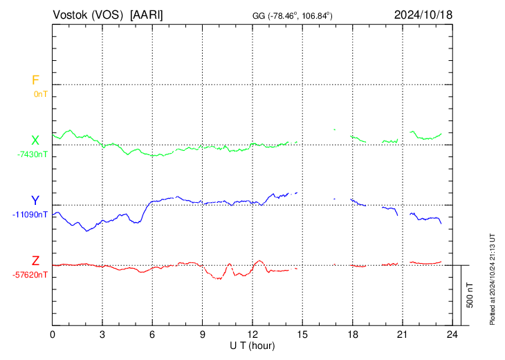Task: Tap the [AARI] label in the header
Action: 147,15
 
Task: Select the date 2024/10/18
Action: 423,15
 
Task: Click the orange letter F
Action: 35,80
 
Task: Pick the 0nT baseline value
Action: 41,93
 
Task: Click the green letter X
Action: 35,141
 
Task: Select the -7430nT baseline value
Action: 33,154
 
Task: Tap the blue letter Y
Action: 35,201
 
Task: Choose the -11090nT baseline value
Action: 30,215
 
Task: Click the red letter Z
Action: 35,261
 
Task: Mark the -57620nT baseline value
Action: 30,275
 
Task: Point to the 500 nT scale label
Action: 470,295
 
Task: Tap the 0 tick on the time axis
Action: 53,334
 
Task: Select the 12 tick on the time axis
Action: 252,334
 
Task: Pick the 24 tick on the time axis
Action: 452,334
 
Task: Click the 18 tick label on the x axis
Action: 352,334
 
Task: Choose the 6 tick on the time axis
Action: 152,334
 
